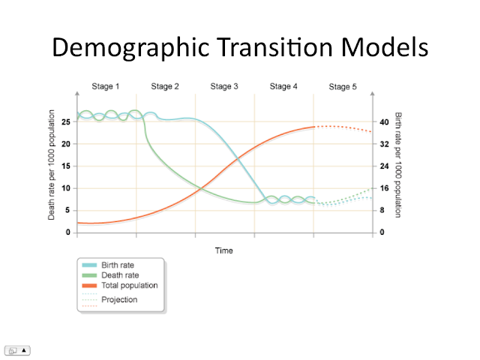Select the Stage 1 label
coord(106,87)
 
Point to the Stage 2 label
coord(165,87)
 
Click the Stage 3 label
coord(224,87)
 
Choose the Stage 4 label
coord(283,87)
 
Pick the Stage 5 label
coord(343,87)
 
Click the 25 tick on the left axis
coord(67,121)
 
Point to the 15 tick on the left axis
coord(67,166)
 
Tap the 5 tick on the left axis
coord(67,210)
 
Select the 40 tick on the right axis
coord(383,121)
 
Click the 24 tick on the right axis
coord(383,166)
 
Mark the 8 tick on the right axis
coord(383,210)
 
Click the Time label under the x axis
coord(223,250)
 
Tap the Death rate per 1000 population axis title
coord(52,165)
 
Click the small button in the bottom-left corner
coord(18,350)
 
